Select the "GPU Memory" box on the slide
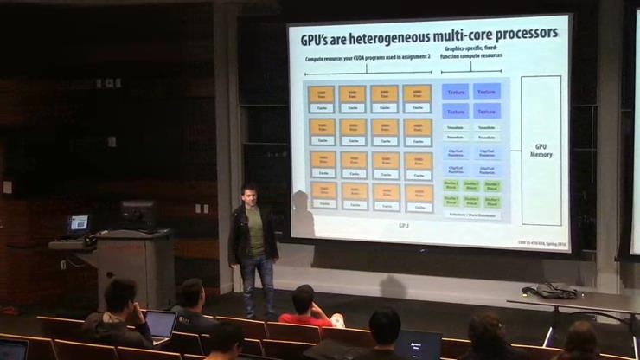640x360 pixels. [541, 151]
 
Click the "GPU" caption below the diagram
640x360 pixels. [404, 226]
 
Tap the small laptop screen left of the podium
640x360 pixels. [79, 222]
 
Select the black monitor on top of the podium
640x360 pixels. [138, 215]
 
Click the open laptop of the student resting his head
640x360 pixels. [160, 325]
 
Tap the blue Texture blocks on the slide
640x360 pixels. [471, 100]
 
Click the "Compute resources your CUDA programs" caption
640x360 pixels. [368, 60]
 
